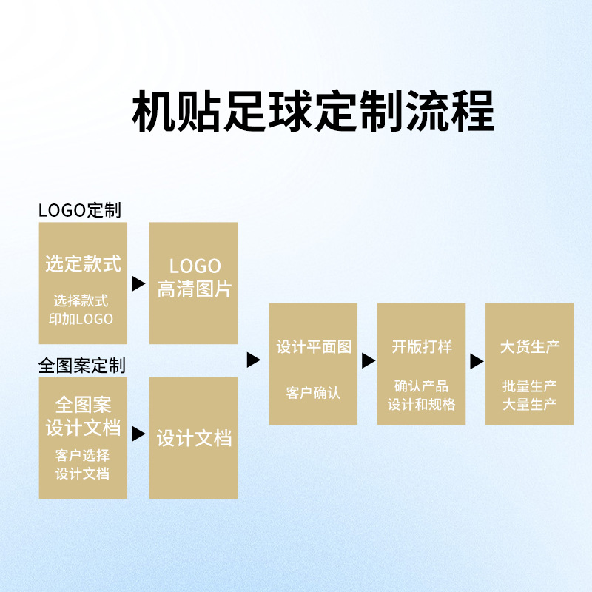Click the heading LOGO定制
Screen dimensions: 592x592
point(79,210)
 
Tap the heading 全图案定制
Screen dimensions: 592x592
point(81,365)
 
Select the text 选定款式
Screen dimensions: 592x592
point(83,264)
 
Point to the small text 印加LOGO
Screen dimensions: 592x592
point(83,320)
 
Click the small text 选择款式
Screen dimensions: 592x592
point(83,301)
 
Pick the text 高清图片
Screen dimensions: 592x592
point(194,289)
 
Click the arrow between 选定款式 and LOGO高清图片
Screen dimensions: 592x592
point(138,283)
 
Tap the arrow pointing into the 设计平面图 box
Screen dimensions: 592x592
point(254,360)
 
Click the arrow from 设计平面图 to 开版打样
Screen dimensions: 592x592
point(369,361)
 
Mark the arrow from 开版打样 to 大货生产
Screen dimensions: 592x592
point(477,361)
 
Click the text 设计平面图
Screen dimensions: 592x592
point(314,346)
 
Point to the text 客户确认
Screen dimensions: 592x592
point(314,393)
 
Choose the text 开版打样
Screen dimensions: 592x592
point(422,346)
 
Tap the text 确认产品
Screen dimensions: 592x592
point(422,386)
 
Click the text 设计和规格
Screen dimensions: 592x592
point(422,404)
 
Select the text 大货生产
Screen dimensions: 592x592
point(530,346)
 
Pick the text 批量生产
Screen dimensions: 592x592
point(530,386)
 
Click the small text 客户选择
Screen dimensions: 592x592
point(83,455)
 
